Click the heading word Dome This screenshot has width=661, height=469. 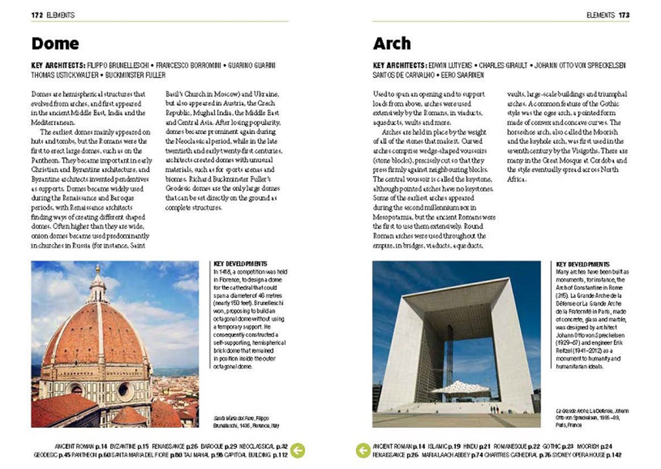point(55,44)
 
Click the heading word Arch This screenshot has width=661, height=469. point(392,44)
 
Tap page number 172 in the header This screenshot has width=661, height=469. point(37,15)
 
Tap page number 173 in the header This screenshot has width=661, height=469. point(624,15)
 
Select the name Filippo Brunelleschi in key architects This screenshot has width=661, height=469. point(116,65)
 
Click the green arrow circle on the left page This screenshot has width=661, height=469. point(297,450)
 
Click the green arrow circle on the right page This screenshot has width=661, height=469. point(363,450)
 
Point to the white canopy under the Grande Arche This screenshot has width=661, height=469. point(460,388)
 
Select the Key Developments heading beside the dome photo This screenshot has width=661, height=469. point(240,264)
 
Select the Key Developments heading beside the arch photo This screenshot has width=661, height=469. point(583,265)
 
